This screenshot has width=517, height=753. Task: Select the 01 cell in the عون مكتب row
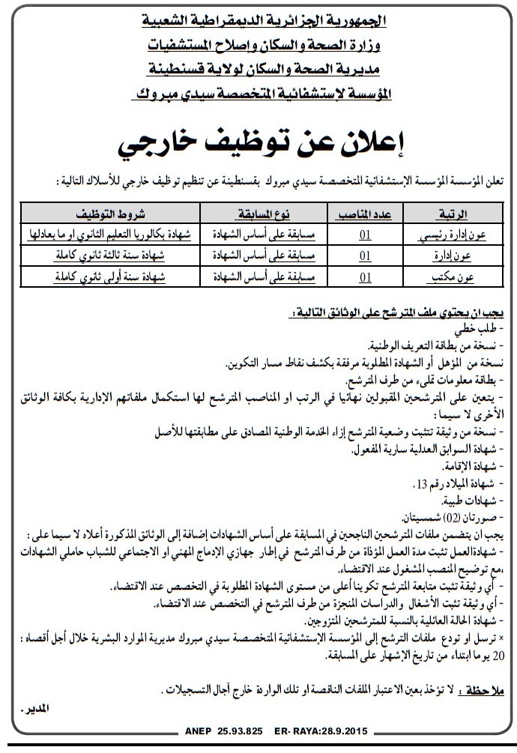(366, 277)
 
